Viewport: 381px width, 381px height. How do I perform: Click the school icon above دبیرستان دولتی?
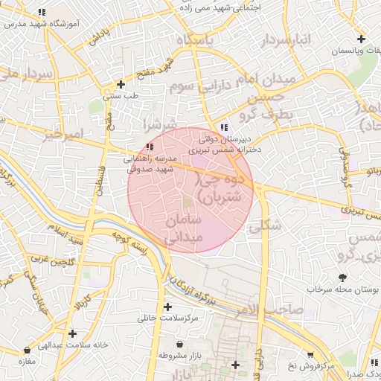coord(225,127)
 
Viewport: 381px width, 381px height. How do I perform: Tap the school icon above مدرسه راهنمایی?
coord(150,147)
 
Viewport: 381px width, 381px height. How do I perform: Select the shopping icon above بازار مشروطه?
coord(181,345)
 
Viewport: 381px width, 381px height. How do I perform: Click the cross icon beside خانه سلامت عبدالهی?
coord(71,333)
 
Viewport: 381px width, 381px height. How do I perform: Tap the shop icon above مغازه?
coord(28,350)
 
